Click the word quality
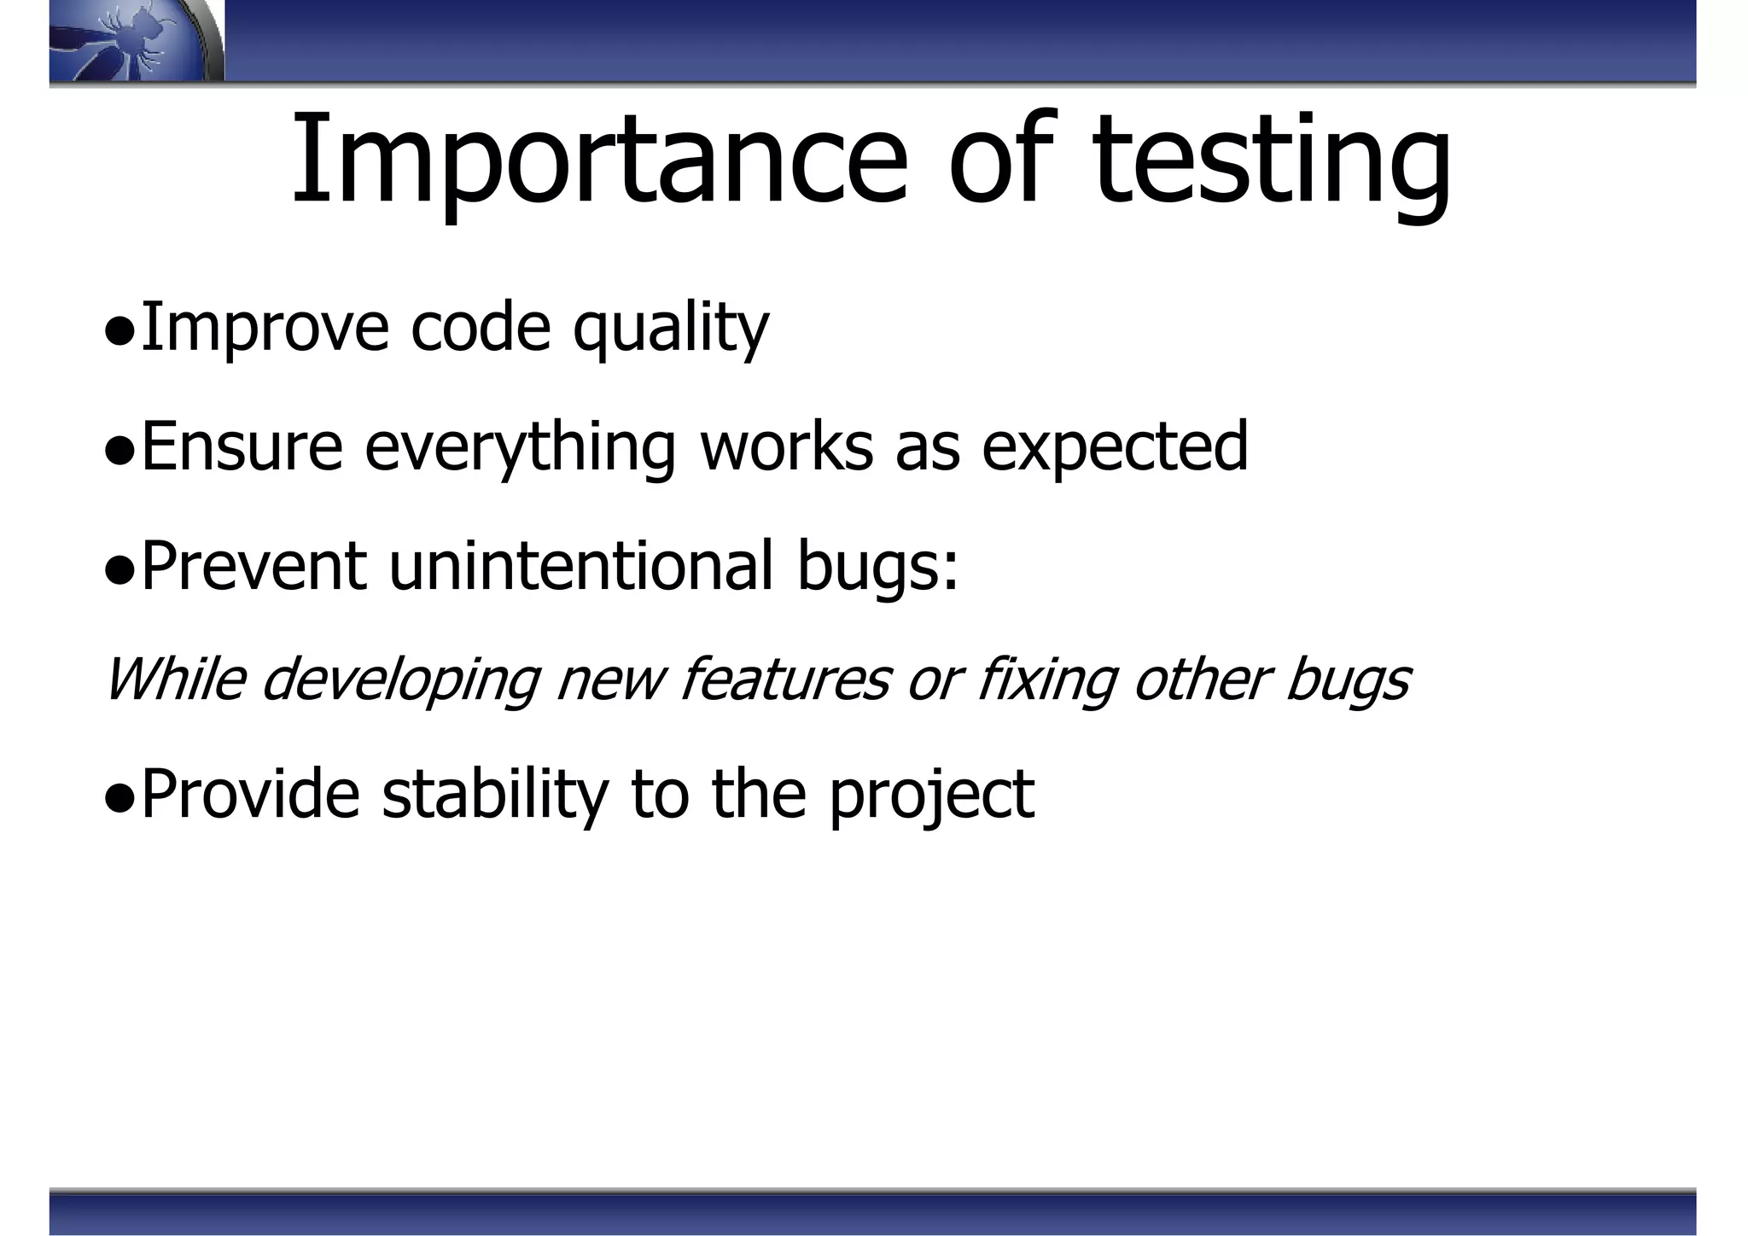(671, 329)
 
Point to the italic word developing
(400, 681)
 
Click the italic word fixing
(1046, 681)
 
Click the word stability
(495, 794)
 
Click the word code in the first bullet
(481, 329)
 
